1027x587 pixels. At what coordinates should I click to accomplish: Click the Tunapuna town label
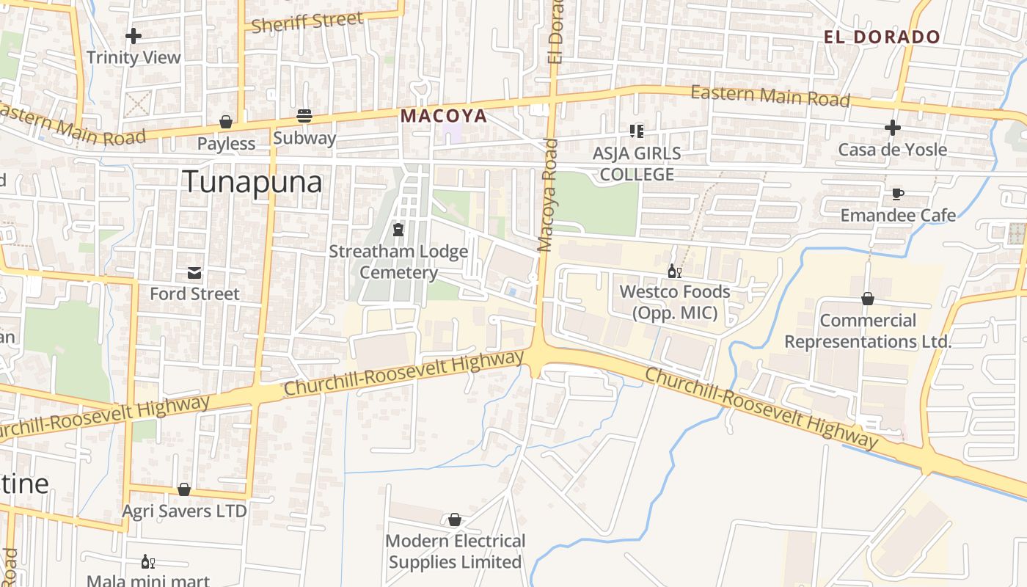(x=252, y=181)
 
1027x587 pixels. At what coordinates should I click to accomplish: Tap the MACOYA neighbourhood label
(x=443, y=116)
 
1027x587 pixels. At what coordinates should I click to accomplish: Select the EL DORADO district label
(x=882, y=37)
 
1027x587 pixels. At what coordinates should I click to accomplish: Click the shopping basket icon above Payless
(x=226, y=122)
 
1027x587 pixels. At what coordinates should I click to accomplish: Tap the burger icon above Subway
(x=304, y=116)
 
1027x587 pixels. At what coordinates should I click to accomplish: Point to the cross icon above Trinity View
(x=134, y=35)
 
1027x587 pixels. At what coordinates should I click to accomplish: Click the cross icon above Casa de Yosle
(x=892, y=128)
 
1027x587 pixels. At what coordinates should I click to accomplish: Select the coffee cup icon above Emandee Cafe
(x=897, y=194)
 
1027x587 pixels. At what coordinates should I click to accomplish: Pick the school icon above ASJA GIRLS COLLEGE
(x=636, y=131)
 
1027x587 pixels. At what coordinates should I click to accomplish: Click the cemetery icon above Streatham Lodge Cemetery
(x=398, y=230)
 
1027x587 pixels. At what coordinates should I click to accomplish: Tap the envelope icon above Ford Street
(x=194, y=273)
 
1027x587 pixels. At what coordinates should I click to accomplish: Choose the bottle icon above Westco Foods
(x=674, y=271)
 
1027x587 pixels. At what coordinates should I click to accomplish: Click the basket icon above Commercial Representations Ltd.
(x=868, y=299)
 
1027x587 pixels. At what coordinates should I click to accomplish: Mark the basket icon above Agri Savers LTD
(x=184, y=489)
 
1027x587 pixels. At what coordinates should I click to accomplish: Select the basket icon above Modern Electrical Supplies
(x=455, y=520)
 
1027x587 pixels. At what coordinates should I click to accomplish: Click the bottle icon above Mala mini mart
(x=147, y=562)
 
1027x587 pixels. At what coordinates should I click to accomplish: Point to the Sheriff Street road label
(x=307, y=22)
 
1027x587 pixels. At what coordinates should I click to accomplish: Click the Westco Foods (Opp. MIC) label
(x=675, y=302)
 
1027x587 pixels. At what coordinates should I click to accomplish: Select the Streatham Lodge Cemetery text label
(x=398, y=262)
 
